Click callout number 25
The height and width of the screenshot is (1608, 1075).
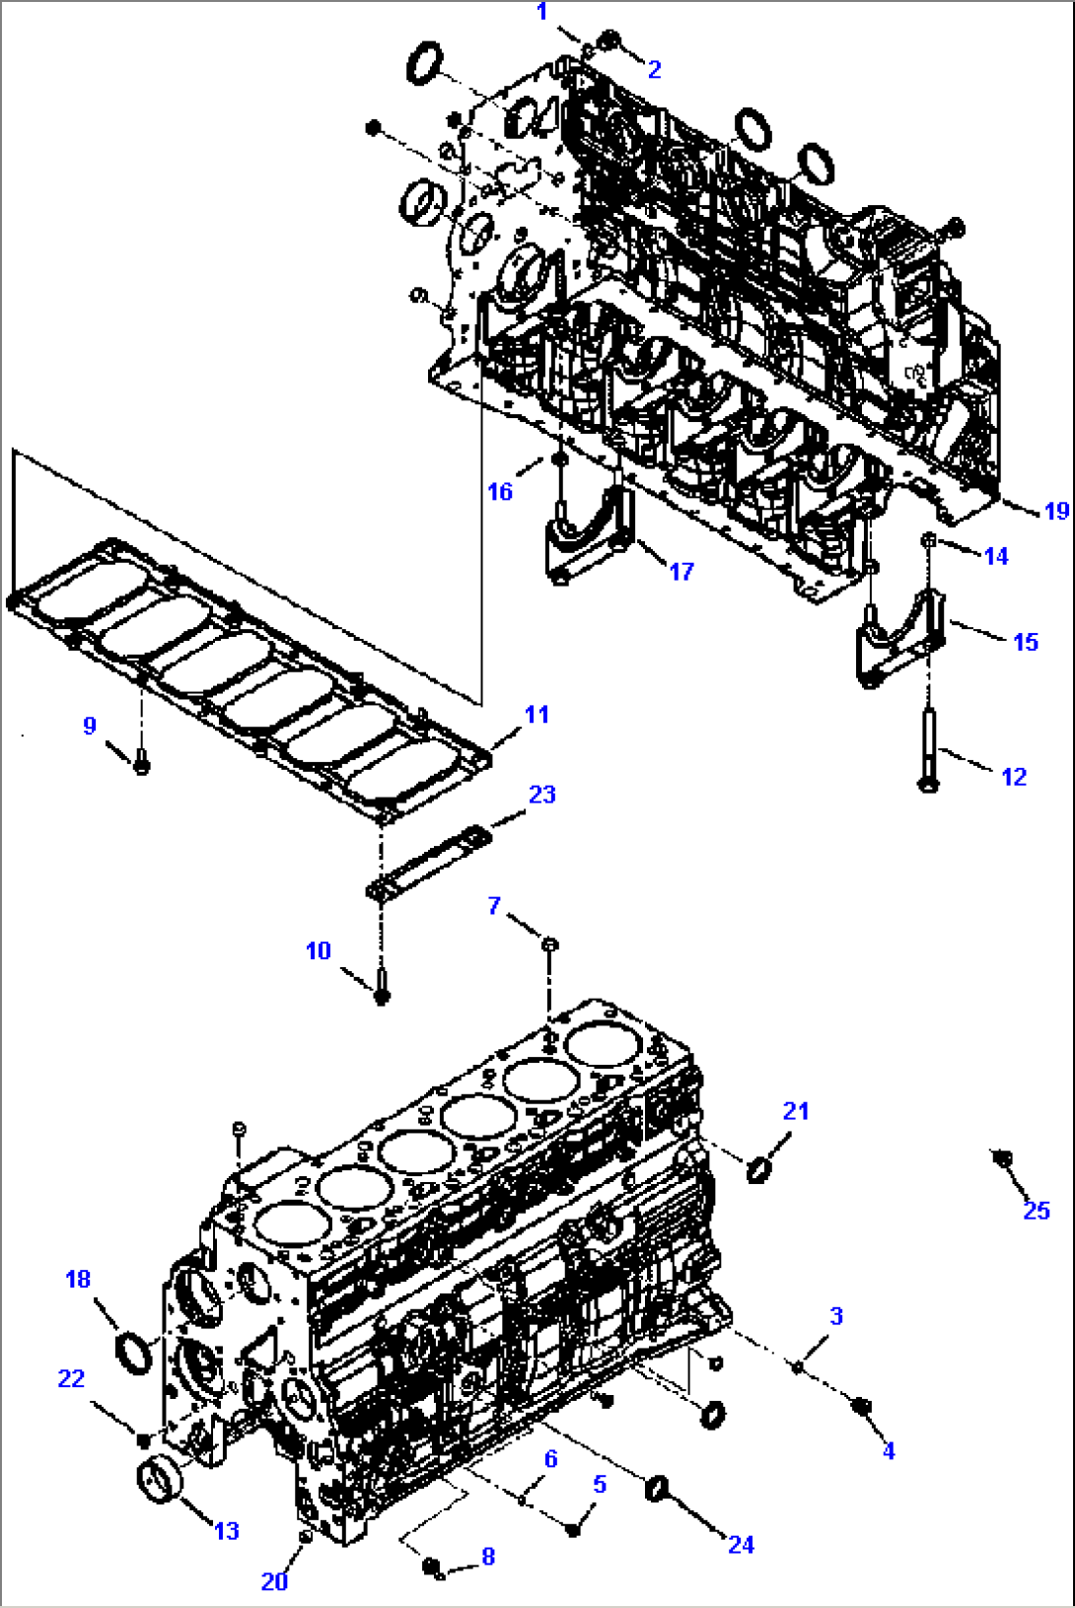(1036, 1211)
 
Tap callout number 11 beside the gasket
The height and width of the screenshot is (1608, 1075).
(537, 715)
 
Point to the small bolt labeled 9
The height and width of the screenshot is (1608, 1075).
(141, 762)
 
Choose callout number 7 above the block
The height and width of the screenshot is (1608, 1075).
(494, 905)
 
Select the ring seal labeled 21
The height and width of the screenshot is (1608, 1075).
(758, 1170)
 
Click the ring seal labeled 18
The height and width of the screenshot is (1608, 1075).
(134, 1352)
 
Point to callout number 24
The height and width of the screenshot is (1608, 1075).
(741, 1544)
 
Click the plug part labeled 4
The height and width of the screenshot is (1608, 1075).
(862, 1407)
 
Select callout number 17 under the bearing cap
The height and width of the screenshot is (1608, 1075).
(681, 571)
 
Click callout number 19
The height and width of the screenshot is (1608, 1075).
(1055, 511)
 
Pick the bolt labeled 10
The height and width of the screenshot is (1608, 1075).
(383, 986)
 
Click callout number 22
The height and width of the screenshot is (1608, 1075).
(71, 1378)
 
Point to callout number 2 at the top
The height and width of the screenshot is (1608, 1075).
(654, 69)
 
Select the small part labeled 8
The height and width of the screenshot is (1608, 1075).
(433, 1567)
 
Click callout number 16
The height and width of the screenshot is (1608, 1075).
(500, 491)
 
